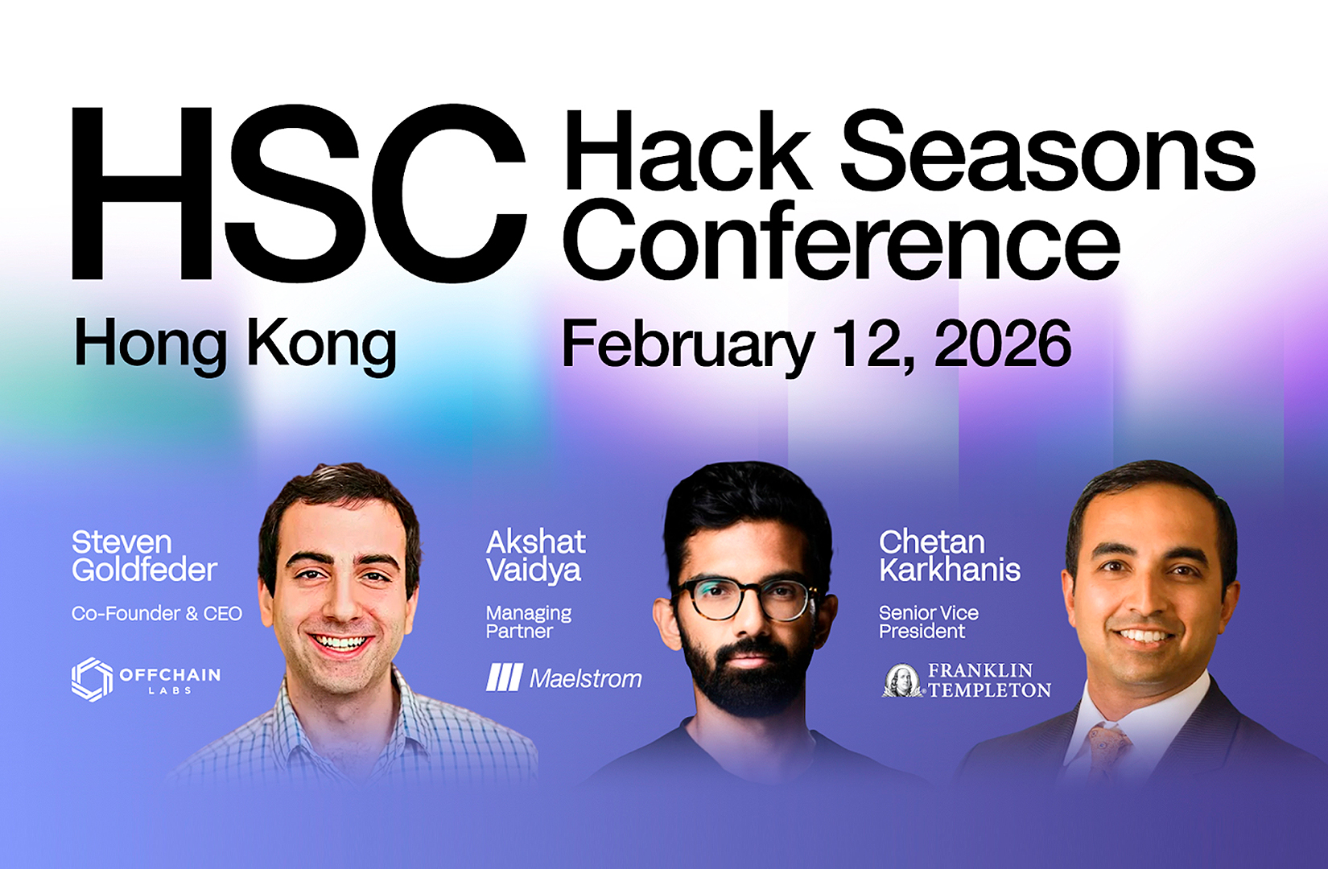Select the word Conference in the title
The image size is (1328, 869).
(841, 240)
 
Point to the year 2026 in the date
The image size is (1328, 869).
(1002, 344)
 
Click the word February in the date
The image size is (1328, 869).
(688, 344)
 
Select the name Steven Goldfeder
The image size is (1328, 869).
(143, 556)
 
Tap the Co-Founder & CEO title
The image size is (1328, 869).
(157, 614)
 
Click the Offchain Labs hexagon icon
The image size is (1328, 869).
(92, 679)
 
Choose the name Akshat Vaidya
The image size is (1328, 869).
(536, 556)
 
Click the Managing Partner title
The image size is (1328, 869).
(528, 622)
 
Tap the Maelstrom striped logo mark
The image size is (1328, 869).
(505, 677)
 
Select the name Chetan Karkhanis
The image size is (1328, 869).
(950, 556)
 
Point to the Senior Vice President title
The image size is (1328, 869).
(928, 622)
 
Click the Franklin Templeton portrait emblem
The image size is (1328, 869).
(903, 681)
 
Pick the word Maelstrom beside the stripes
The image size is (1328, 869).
(586, 678)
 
